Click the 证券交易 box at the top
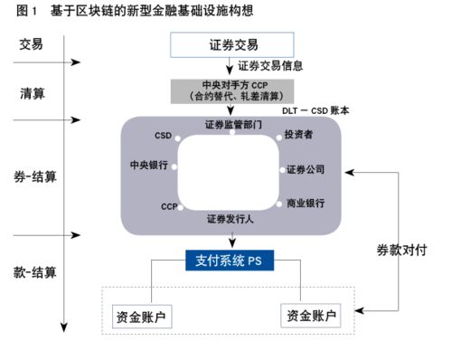(x=232, y=43)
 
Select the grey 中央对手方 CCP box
(x=232, y=90)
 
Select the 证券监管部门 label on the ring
(x=233, y=124)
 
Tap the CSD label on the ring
(x=163, y=136)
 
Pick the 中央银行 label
(x=149, y=166)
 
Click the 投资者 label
(x=300, y=136)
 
